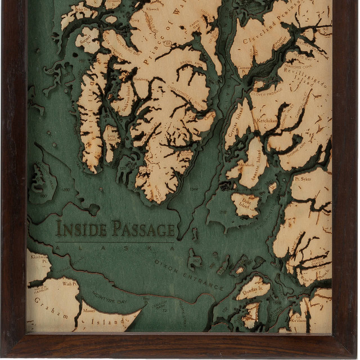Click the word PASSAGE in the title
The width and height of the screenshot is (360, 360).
click(143, 229)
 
